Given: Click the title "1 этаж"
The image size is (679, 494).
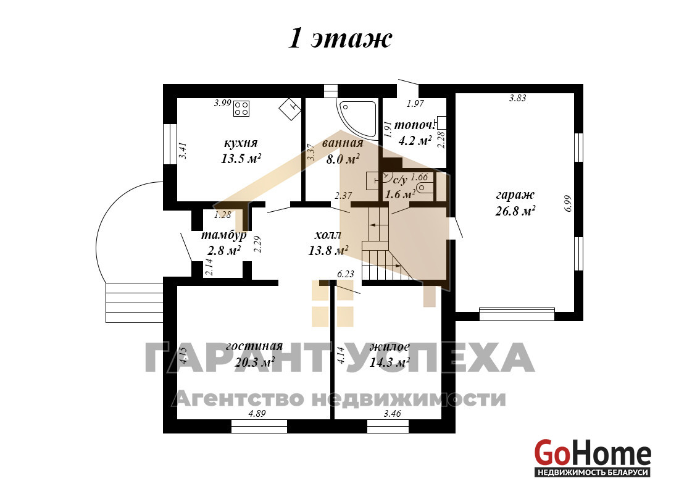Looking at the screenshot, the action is [x=340, y=39].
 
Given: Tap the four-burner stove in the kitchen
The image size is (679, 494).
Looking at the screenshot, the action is [x=241, y=108].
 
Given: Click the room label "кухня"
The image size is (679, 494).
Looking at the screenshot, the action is [x=241, y=143].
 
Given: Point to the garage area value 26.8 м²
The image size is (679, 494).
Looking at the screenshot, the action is [x=515, y=211].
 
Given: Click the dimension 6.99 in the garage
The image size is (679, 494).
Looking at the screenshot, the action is [x=568, y=203].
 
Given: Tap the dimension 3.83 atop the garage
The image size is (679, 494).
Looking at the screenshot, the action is [x=517, y=98].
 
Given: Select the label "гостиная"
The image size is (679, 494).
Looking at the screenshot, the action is [x=254, y=346].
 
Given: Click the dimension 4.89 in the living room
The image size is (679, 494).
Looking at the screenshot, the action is [x=257, y=413].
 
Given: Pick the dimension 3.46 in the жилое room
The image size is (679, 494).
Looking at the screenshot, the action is [x=393, y=413].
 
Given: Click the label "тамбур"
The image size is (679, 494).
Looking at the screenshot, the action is [x=224, y=235].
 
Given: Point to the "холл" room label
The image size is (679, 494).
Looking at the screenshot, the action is [x=328, y=235].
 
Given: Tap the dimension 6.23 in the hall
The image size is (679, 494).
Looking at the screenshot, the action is [x=346, y=274].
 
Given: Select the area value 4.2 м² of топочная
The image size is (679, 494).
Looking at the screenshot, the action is [x=415, y=140].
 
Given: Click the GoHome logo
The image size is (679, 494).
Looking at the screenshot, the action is [x=593, y=458].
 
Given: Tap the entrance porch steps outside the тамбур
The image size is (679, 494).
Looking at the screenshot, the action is [x=134, y=303].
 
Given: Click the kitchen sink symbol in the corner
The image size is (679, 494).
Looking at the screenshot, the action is [x=290, y=108].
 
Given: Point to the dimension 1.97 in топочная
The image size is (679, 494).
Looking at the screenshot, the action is [x=415, y=103].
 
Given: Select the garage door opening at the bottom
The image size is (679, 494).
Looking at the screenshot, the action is [x=517, y=314].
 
